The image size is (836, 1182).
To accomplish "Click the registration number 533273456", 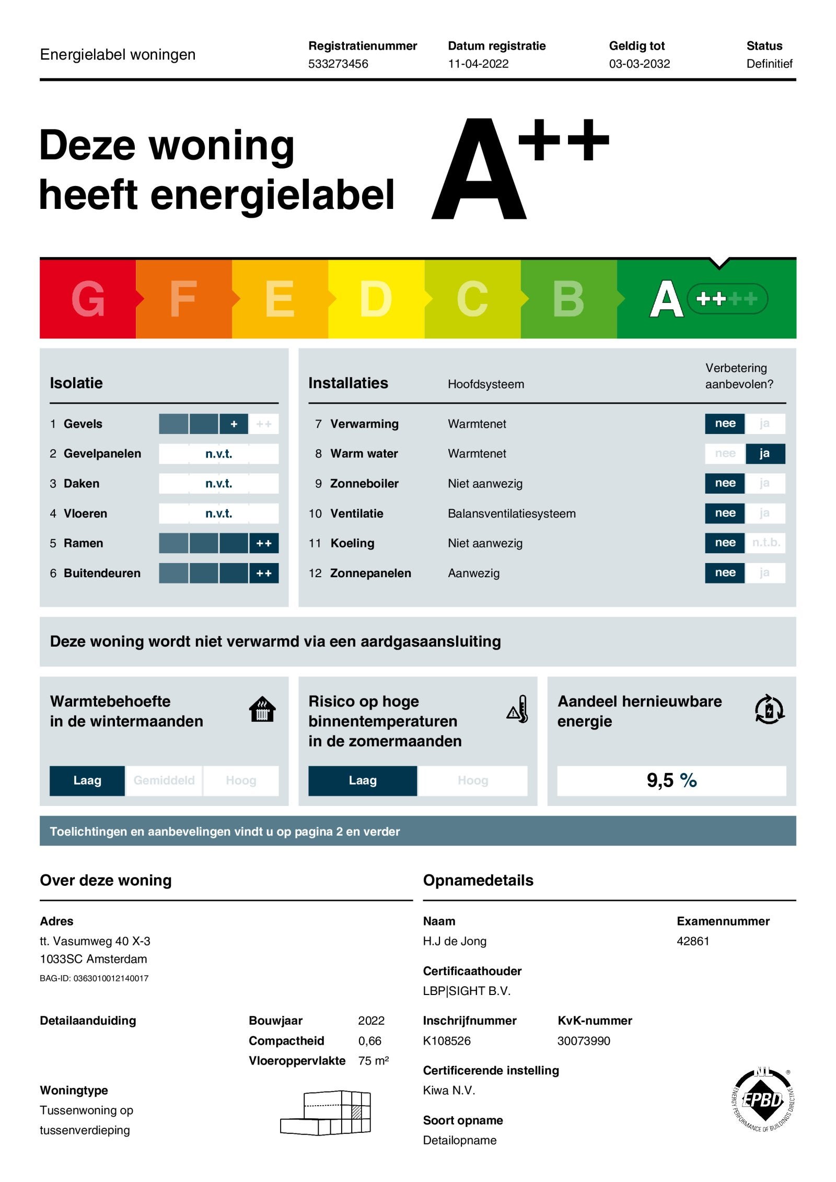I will tap(338, 64).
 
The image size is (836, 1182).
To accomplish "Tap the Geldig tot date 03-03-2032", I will tap(639, 64).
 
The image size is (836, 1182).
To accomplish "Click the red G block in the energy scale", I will tap(88, 299).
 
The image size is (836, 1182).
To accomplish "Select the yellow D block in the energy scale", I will tap(376, 299).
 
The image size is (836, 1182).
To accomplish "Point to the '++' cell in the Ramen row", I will tap(264, 543).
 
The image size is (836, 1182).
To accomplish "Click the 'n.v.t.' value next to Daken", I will tap(218, 484).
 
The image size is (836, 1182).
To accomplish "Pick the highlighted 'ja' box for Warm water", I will tap(764, 453).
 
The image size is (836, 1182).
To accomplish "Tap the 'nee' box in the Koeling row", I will tap(725, 543).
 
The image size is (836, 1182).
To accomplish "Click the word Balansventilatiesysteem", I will tap(512, 513).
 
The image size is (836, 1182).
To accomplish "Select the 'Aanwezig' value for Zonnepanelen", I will tap(473, 574).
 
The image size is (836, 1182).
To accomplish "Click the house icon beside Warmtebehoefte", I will tap(262, 709).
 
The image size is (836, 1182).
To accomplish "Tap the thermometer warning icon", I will tap(518, 709).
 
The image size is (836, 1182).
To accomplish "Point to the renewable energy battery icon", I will tap(769, 709).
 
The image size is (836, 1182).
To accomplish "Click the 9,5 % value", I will tap(671, 780).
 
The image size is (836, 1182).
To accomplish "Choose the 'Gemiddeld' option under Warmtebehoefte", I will tap(164, 780).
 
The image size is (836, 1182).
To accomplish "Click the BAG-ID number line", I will tap(94, 978).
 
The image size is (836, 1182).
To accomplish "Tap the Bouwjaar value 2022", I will tap(371, 1021).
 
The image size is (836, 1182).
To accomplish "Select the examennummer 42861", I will tap(693, 941).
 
